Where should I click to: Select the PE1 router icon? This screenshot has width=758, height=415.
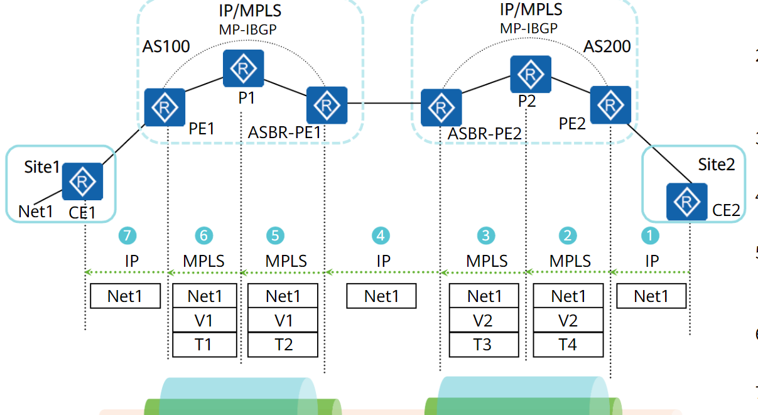165,107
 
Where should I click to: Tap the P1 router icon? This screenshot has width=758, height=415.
243,70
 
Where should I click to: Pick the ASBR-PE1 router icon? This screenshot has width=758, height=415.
327,105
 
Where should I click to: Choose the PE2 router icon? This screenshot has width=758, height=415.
610,105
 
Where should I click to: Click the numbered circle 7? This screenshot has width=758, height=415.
127,235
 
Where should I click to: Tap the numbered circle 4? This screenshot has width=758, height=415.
381,235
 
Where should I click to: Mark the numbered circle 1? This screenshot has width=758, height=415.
650,235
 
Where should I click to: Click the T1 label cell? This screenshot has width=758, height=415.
204,345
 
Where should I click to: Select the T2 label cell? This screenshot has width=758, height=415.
283,345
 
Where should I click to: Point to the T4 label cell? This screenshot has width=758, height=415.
568,345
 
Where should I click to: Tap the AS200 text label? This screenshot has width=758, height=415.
607,46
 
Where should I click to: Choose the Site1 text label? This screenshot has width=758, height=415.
42,167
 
